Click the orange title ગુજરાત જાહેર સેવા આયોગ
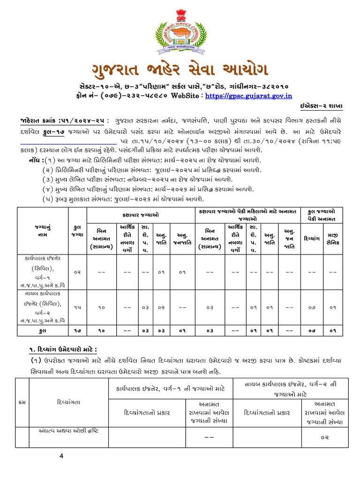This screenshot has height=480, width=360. [x=180, y=70]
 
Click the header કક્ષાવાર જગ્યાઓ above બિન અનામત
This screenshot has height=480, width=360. [x=140, y=215]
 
